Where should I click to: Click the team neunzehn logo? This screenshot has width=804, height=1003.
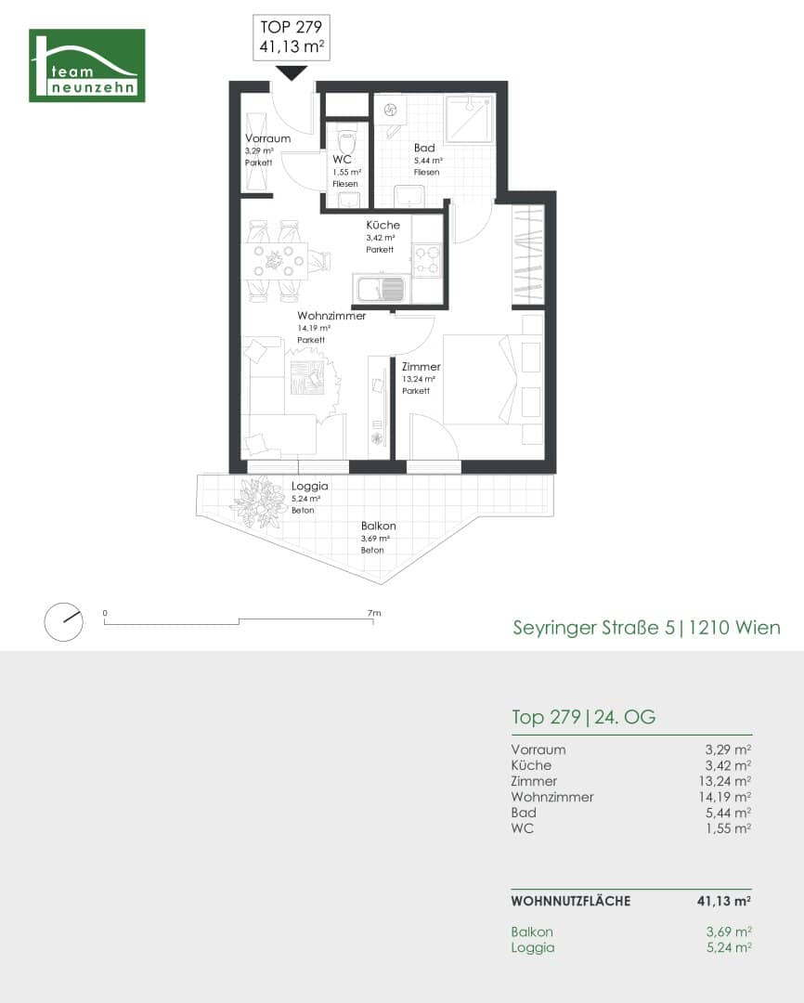coord(87,65)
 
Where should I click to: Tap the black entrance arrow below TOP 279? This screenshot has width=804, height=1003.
coord(292,73)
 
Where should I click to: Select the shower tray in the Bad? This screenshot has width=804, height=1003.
coord(470,119)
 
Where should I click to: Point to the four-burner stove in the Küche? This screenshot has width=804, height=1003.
coord(427,260)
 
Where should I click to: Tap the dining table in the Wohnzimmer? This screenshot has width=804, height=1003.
coord(276,261)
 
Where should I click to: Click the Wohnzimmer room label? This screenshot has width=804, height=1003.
coord(331,316)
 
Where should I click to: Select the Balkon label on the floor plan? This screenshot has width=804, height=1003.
coord(378,526)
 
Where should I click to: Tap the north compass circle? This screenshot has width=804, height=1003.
coord(63,621)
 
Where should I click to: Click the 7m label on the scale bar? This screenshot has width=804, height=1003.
coord(374,613)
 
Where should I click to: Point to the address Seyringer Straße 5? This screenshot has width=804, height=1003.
coord(593,628)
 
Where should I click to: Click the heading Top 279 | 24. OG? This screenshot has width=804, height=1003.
coord(583,717)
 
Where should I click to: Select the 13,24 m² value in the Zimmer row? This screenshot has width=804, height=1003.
coord(725,781)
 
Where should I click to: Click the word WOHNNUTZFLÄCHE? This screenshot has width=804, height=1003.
coord(571,901)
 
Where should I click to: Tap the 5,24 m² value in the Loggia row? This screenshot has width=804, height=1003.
coord(729,947)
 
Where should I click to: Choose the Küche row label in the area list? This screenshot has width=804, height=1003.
coord(531,765)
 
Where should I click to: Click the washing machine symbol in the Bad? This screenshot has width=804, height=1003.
coord(390,111)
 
